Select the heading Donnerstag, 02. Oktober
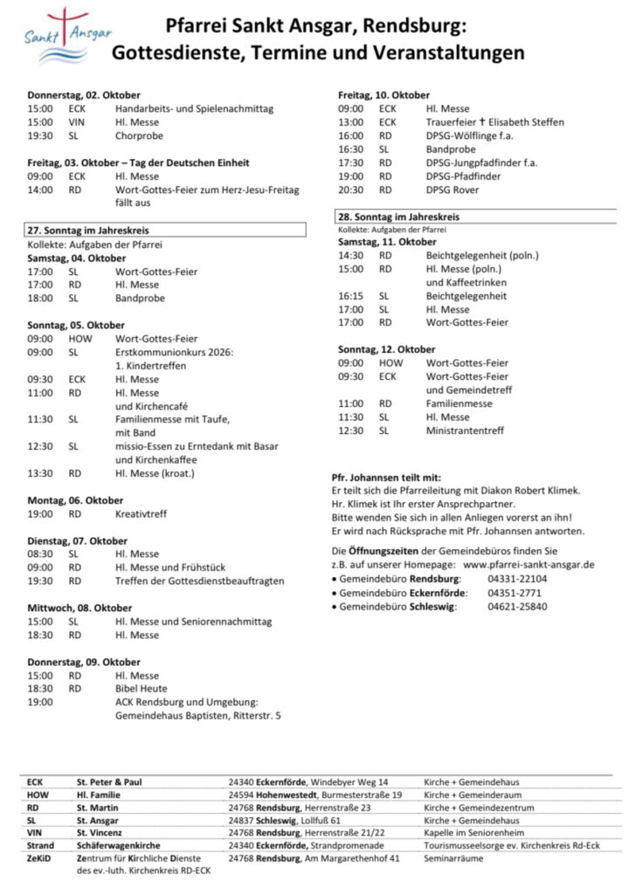point(84,94)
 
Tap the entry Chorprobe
point(140,136)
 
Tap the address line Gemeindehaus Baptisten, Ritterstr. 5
point(198,716)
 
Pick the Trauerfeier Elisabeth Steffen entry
point(494,122)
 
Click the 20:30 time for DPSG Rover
point(350,189)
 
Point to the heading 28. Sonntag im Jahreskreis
point(398,217)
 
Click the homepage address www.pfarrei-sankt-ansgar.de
point(529,565)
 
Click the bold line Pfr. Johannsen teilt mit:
point(386,478)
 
